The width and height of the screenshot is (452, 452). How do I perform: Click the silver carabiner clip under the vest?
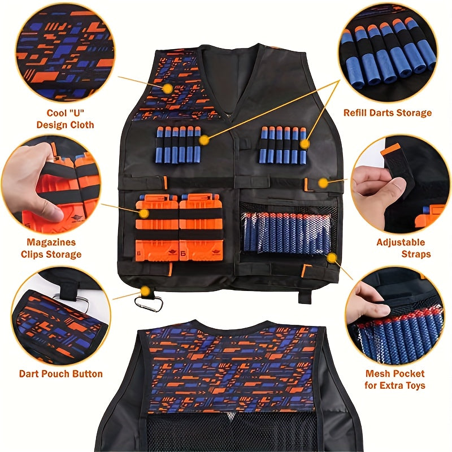point(149,304)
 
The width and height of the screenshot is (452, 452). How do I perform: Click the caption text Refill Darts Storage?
point(387,113)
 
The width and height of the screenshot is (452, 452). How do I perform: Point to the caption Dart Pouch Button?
point(60,374)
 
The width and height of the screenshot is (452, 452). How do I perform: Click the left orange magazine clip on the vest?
point(157,227)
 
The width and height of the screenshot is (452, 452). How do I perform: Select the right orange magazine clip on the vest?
point(201,227)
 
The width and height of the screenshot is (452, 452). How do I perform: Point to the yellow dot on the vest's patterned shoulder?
point(167,89)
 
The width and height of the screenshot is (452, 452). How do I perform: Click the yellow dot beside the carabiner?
point(145,291)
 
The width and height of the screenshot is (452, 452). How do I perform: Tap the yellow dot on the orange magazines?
point(144,214)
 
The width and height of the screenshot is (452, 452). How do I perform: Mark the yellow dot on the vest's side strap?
point(323,182)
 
